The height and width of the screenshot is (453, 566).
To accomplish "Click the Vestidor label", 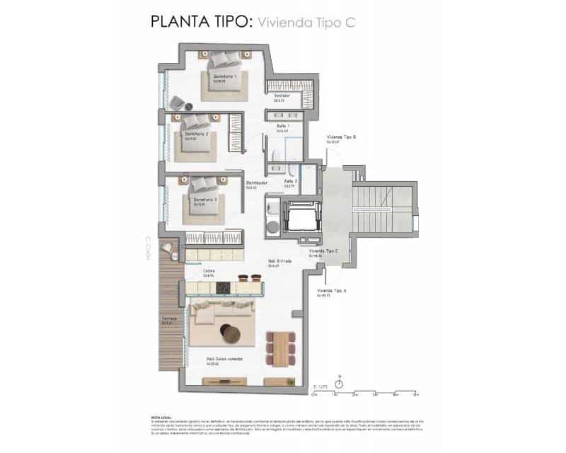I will tap(282, 96).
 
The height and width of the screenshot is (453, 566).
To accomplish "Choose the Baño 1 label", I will tap(283, 126).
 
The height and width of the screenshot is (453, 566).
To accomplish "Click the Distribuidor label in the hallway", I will tap(256, 183).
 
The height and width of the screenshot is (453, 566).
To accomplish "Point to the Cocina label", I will tap(209, 270).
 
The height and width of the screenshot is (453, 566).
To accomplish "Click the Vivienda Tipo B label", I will tap(341, 137).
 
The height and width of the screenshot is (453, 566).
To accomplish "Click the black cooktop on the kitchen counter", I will tap(223, 287).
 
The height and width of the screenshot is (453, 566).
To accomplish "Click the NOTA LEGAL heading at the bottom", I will tap(161, 418).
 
